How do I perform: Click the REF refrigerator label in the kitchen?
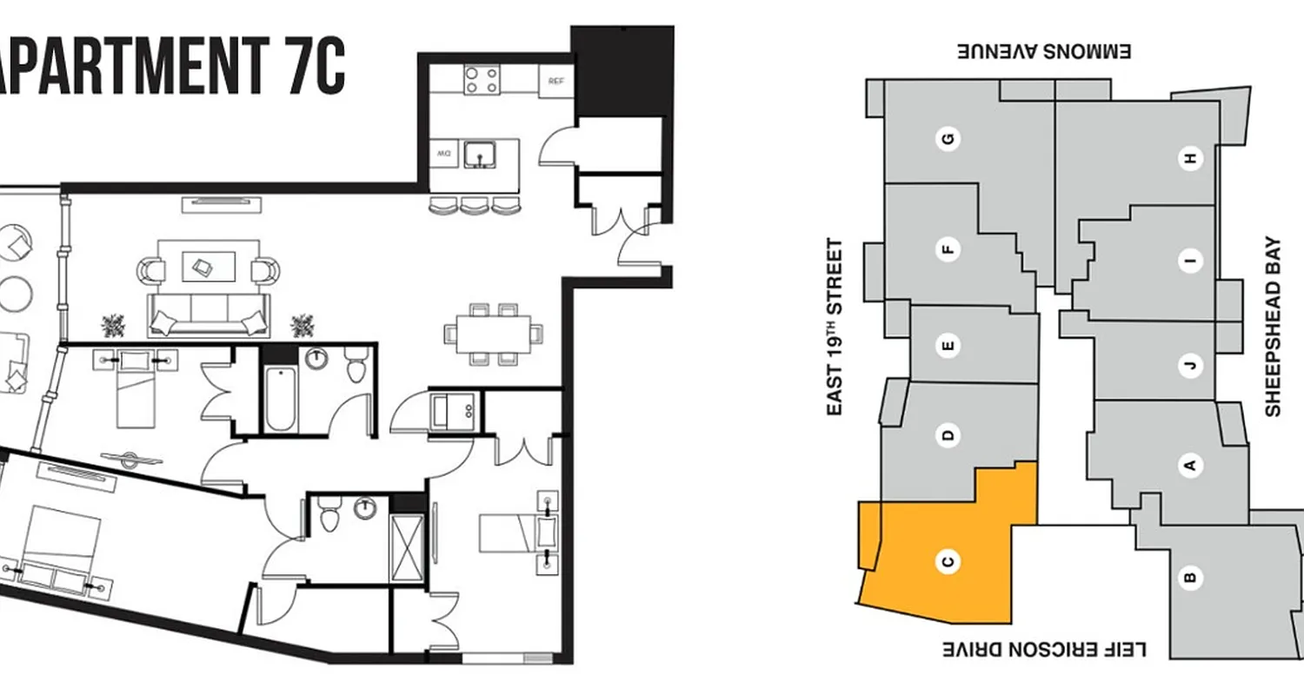pos(556,82)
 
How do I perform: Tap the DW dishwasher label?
pos(444,154)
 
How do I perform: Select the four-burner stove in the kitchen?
pos(481,80)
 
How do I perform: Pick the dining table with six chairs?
pos(493,333)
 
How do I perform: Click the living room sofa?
pos(208,315)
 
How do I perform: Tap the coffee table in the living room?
pos(208,267)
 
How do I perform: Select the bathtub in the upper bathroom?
pos(281,399)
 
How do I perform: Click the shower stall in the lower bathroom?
pos(406,549)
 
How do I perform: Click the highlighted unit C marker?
pos(948,562)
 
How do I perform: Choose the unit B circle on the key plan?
pos(1192,576)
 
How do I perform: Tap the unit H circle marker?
pos(1190,158)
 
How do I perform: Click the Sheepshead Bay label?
pos(1274,327)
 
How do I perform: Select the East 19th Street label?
pos(835,327)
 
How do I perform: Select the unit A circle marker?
pos(1191,466)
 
